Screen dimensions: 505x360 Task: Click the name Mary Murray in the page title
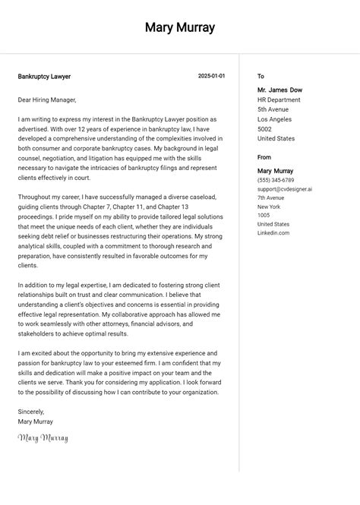[x=180, y=28]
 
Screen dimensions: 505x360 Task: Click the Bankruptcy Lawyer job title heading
[x=44, y=77]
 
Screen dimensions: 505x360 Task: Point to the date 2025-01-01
[x=211, y=76]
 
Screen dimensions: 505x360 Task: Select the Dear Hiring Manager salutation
[x=47, y=99]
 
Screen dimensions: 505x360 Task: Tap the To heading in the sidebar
[x=261, y=77]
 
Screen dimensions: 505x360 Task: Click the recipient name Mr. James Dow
[x=279, y=90]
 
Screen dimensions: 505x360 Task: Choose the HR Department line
[x=279, y=100]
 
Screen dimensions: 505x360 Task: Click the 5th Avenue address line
[x=273, y=110]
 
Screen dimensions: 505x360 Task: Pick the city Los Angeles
[x=274, y=120]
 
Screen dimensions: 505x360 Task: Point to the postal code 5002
[x=264, y=129]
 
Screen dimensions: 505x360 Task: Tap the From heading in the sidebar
[x=264, y=157]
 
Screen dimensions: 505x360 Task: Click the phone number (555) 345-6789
[x=276, y=181]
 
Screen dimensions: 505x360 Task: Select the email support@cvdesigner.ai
[x=285, y=189]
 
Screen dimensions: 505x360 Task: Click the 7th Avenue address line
[x=270, y=198]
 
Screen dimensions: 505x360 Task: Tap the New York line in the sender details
[x=269, y=207]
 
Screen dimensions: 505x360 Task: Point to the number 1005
[x=264, y=216]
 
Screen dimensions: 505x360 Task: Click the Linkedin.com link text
[x=273, y=233]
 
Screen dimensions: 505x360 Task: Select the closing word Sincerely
[x=31, y=412]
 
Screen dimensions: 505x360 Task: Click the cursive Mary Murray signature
[x=43, y=438]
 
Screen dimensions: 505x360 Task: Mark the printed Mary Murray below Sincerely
[x=36, y=421]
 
